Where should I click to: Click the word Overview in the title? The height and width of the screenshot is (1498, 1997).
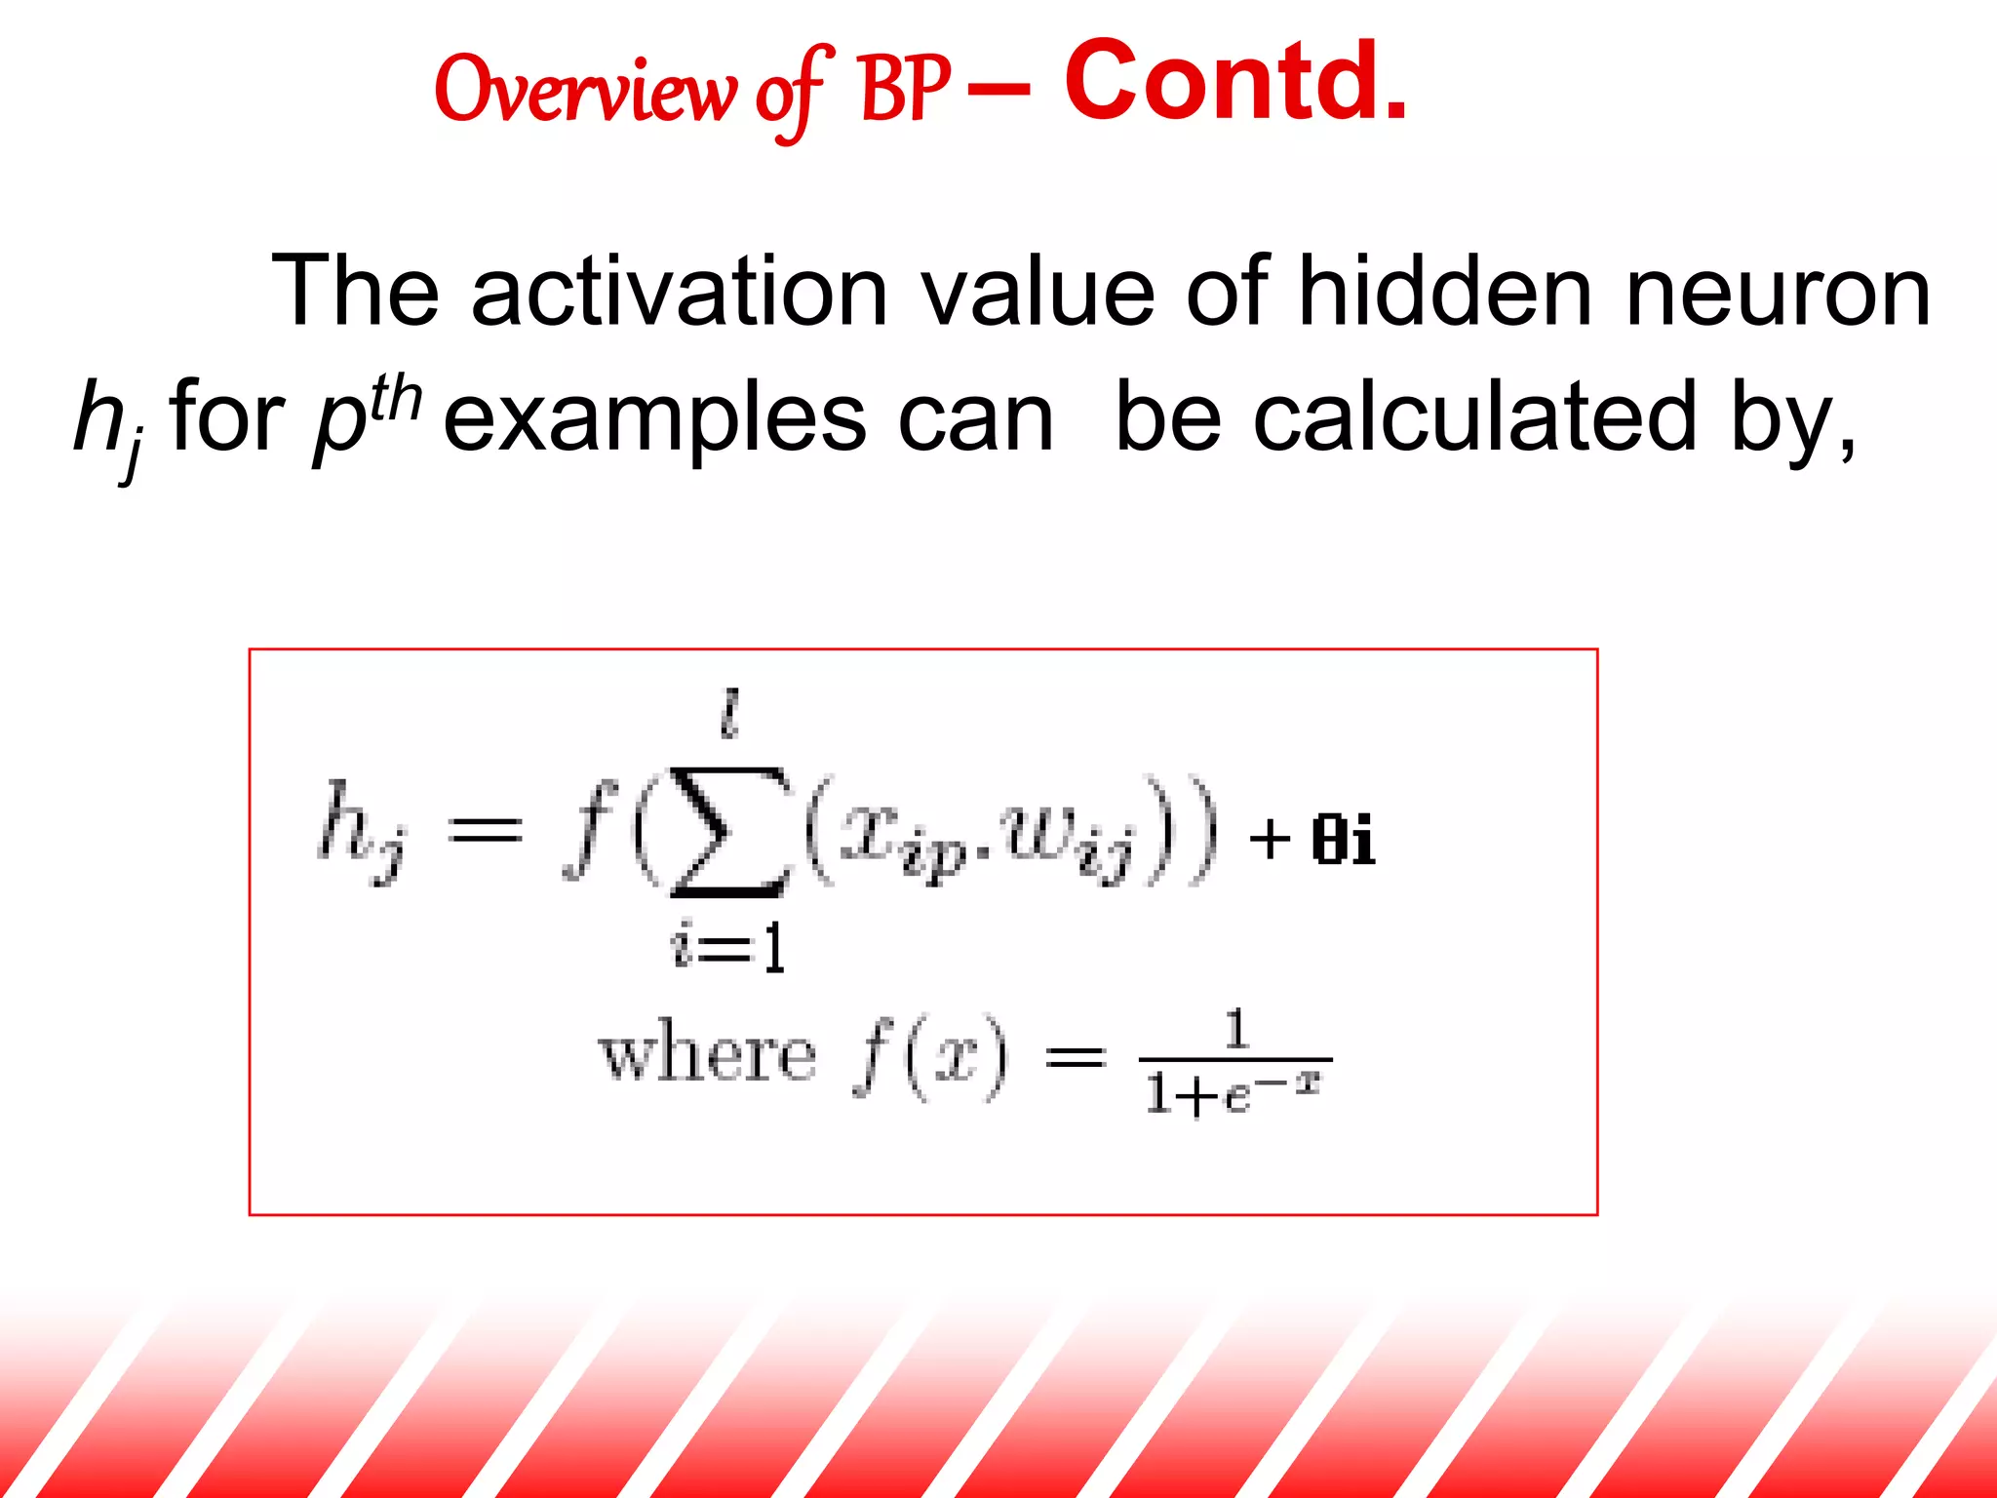585,90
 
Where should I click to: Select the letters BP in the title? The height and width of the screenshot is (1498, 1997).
905,90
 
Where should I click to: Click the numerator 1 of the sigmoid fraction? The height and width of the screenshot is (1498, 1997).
1235,1029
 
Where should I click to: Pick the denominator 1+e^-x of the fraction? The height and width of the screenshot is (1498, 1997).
1233,1092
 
